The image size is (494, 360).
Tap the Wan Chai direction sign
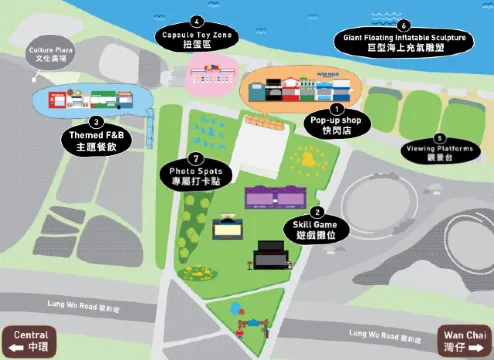(465, 340)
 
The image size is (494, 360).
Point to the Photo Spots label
(196, 177)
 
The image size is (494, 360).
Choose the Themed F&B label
(97, 140)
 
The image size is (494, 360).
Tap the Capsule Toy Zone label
(197, 39)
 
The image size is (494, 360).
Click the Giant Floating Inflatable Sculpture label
(403, 42)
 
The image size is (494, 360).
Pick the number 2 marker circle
(318, 212)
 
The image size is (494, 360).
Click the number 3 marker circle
(97, 122)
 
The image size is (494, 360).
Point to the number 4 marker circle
(197, 20)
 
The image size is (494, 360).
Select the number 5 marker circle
(439, 138)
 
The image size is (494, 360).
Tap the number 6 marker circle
(403, 24)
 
